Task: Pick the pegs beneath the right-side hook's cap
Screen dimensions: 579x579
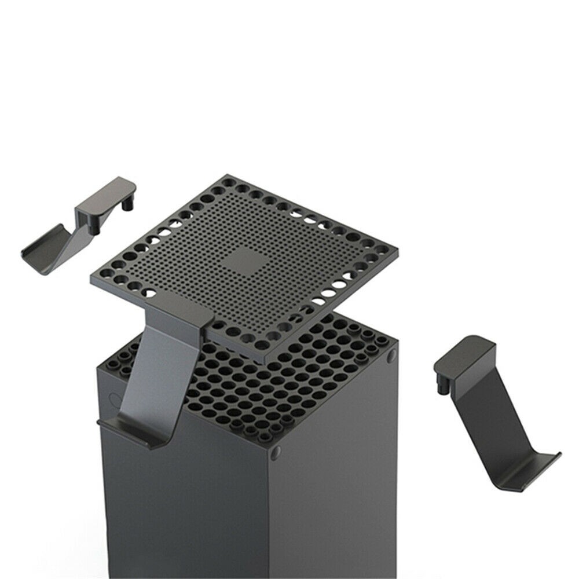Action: coord(438,379)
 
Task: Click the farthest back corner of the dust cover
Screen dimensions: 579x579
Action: coord(227,176)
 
